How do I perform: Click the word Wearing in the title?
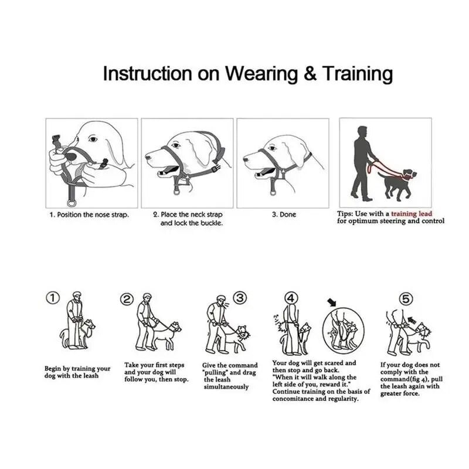(x=261, y=74)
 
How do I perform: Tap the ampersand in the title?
(x=310, y=73)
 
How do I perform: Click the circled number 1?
(x=53, y=298)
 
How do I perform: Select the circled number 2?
(x=127, y=300)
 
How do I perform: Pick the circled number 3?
(x=240, y=298)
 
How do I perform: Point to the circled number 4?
(x=291, y=298)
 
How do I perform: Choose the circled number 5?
(x=406, y=299)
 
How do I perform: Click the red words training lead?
(x=412, y=213)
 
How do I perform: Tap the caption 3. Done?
(x=284, y=215)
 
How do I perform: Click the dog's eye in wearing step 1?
(x=93, y=139)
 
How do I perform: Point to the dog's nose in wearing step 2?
(x=148, y=157)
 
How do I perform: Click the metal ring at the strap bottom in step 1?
(x=72, y=203)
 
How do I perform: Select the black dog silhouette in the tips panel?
(x=397, y=183)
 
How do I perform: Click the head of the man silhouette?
(x=362, y=131)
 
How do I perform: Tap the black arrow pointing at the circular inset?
(x=332, y=303)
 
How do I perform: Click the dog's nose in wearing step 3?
(x=246, y=159)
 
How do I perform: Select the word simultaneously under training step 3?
(x=226, y=387)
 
